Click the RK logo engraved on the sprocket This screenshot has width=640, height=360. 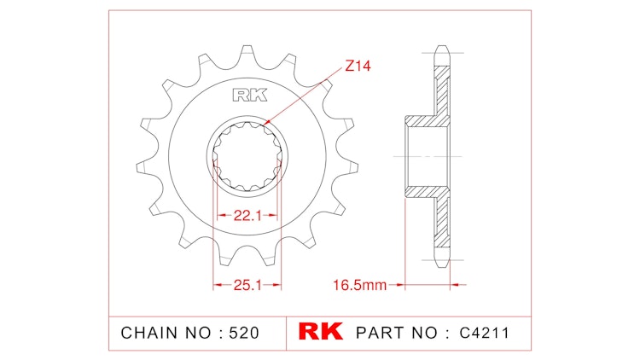[x=247, y=96]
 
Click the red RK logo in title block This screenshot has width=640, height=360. [x=319, y=332]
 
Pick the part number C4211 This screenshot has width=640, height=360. [x=483, y=332]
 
